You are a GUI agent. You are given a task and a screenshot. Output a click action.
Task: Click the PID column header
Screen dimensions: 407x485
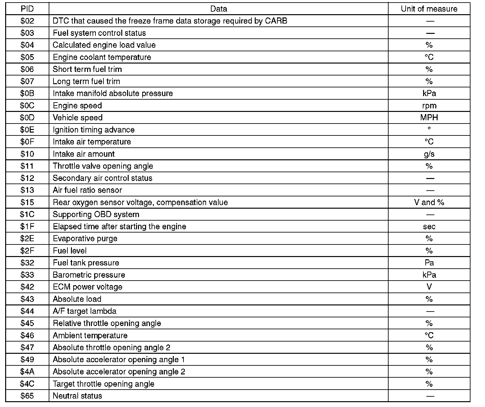click(27, 9)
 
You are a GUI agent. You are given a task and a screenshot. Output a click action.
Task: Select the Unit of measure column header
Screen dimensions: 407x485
click(429, 9)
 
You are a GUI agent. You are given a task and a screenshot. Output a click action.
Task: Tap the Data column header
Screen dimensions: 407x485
click(218, 9)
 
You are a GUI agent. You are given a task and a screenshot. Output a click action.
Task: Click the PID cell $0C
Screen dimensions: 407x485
click(27, 106)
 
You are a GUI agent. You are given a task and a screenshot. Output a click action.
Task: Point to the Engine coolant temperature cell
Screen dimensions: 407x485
click(102, 57)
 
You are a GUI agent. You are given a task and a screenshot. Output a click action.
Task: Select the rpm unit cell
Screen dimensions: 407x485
click(429, 106)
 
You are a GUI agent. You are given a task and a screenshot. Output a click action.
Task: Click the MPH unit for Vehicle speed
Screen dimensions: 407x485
click(429, 118)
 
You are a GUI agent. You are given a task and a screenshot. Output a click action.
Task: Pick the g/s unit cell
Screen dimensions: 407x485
click(429, 154)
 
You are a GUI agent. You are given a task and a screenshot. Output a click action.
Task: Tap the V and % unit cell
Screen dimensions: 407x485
click(429, 203)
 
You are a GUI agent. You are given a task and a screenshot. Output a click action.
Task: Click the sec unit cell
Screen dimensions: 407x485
click(429, 227)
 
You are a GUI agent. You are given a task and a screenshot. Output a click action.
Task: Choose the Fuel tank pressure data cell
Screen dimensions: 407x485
click(86, 263)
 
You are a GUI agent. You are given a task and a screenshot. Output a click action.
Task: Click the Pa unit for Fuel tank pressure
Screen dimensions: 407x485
click(429, 263)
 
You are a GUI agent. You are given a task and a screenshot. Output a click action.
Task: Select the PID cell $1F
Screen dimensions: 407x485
click(27, 227)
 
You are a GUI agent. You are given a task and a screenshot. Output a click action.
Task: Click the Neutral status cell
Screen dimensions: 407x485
click(77, 396)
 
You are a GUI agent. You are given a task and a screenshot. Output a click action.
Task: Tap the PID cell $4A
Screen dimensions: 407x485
click(27, 372)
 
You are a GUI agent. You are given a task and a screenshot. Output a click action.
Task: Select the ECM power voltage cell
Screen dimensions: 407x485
click(88, 287)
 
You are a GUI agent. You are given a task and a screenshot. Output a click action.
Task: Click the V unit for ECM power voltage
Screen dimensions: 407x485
click(429, 287)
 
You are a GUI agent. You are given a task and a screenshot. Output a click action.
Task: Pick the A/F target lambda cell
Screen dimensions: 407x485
click(84, 311)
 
